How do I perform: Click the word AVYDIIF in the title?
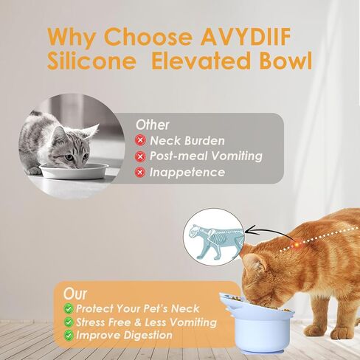coord(246,36)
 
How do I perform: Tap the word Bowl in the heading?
coord(286,60)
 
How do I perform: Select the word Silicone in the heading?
coord(91,60)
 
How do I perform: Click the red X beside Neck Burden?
coord(140,140)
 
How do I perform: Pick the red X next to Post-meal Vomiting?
coord(140,156)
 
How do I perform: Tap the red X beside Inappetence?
coord(140,172)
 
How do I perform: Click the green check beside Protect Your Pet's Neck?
coord(69,308)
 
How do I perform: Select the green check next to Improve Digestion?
coord(69,335)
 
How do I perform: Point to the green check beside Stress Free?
coord(69,322)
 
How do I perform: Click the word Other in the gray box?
coord(153,125)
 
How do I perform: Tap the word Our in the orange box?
coord(75,294)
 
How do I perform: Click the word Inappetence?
coord(187,172)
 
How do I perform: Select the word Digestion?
coord(148,335)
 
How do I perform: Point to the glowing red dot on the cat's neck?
coord(297,245)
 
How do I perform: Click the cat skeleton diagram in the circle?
coord(216,242)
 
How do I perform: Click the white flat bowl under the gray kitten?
coord(74,170)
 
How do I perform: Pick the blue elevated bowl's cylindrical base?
coord(260,331)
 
